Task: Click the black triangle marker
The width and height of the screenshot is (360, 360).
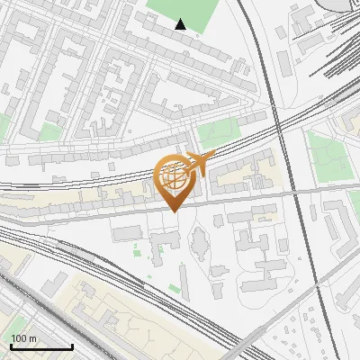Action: pos(181,24)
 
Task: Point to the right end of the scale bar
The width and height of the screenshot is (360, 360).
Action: pos(72,346)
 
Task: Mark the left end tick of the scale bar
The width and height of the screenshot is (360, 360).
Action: pos(10,346)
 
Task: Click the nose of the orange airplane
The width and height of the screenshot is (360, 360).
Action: pos(214,155)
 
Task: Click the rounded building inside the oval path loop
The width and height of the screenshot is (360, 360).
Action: pos(199,241)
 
